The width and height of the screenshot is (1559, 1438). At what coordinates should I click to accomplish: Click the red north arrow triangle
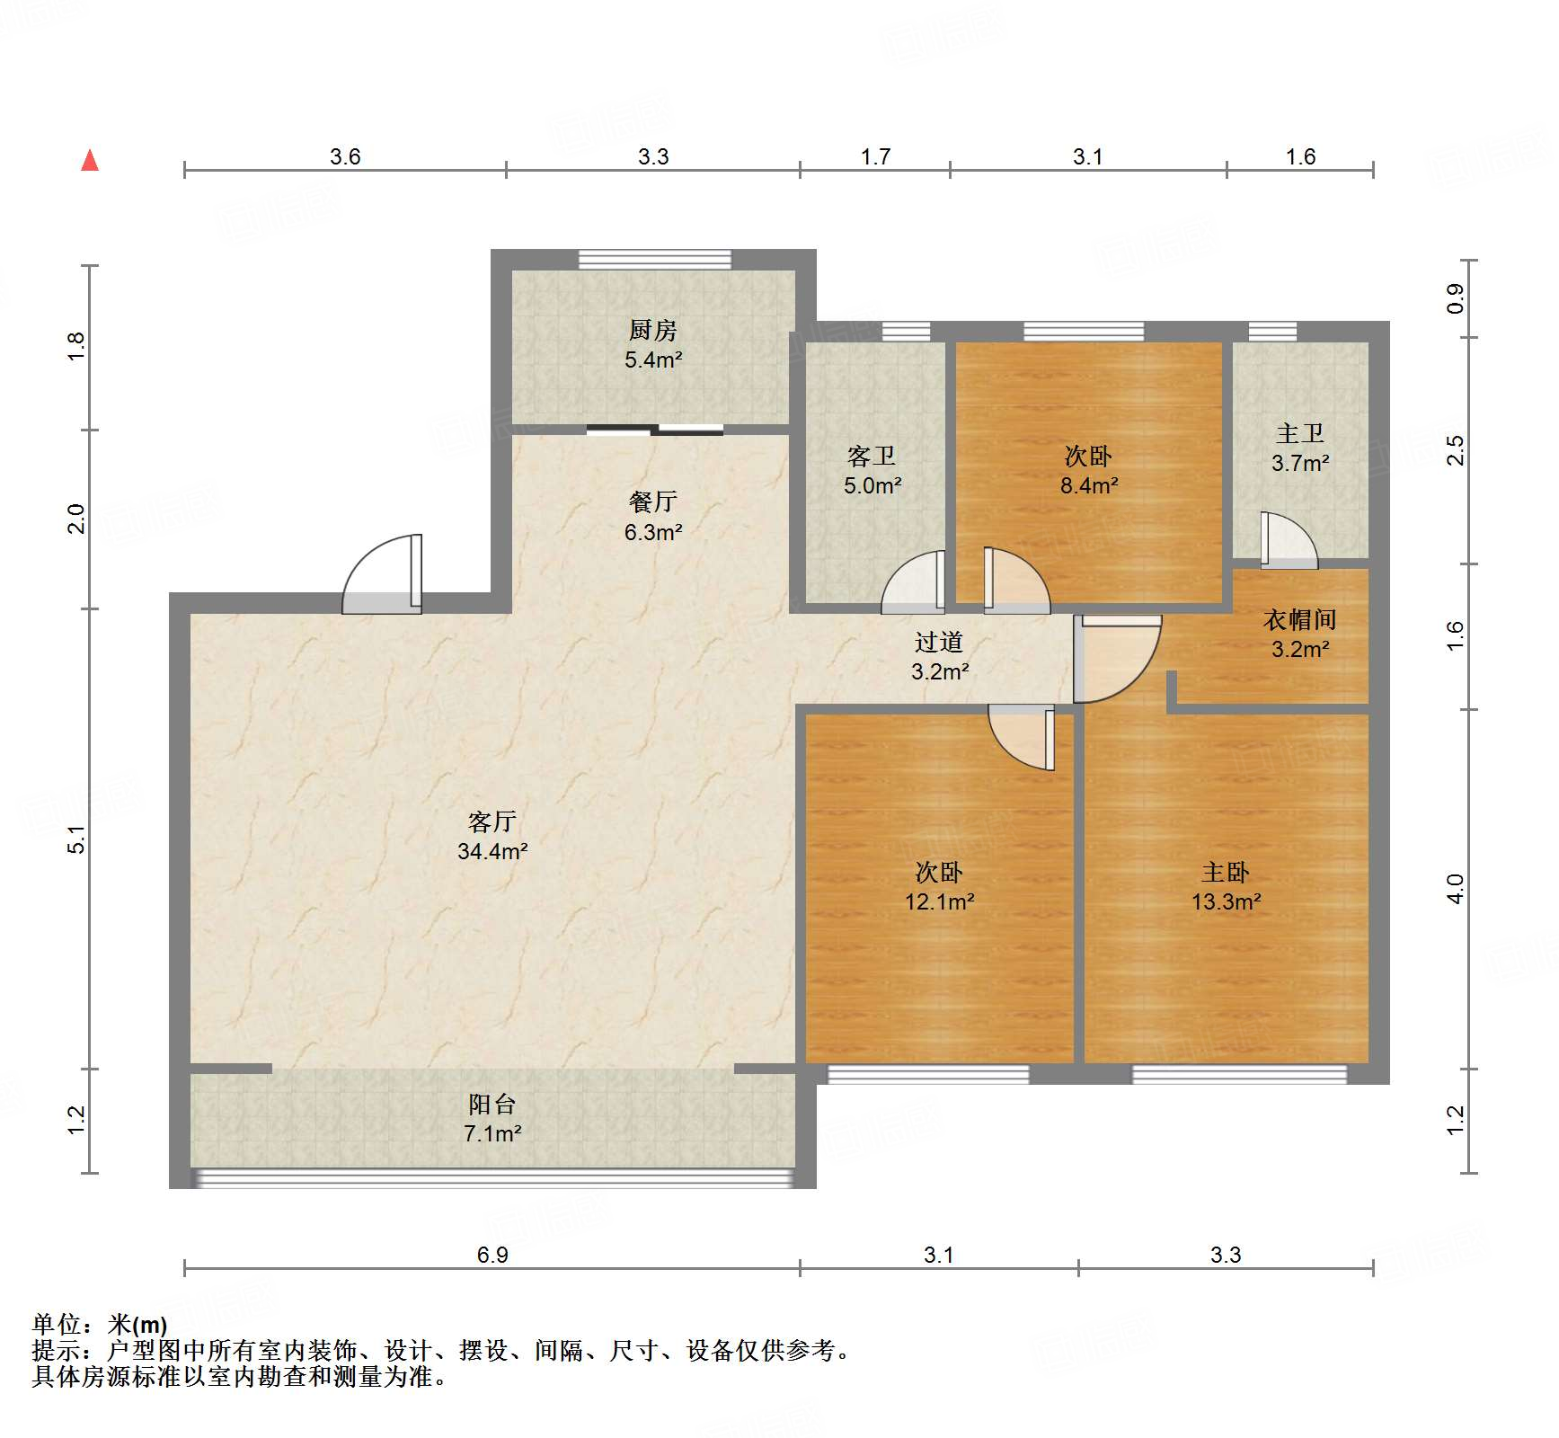coord(90,161)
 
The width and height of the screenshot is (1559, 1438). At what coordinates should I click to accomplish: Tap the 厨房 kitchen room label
coord(652,330)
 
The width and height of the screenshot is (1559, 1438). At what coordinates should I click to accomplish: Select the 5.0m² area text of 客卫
coord(872,486)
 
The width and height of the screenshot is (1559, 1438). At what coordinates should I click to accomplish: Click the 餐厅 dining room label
coord(652,502)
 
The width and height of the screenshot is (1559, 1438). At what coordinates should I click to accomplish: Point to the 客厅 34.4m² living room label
coord(492,836)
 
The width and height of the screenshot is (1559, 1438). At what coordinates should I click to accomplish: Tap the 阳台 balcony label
coord(492,1104)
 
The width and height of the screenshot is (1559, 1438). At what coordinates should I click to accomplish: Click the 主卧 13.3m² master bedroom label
coord(1226,886)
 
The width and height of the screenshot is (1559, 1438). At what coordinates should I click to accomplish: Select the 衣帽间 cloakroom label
coord(1299,619)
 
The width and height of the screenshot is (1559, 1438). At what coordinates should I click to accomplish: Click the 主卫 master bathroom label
coord(1299,434)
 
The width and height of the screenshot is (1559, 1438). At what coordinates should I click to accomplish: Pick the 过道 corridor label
coord(939,642)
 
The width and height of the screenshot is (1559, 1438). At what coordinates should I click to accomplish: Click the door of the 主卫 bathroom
coord(1288,542)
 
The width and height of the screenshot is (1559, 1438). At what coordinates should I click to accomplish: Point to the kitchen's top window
coord(654,260)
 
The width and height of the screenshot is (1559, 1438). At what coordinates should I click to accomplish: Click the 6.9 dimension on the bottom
coord(492,1255)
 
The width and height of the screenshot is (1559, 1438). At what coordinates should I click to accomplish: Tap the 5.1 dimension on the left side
coord(77,839)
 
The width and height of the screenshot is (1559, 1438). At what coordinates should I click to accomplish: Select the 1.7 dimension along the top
coord(875,157)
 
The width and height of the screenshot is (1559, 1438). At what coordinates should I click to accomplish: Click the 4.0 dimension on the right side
coord(1456,889)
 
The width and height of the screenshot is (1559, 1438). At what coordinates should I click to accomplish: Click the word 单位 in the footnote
coord(56,1325)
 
